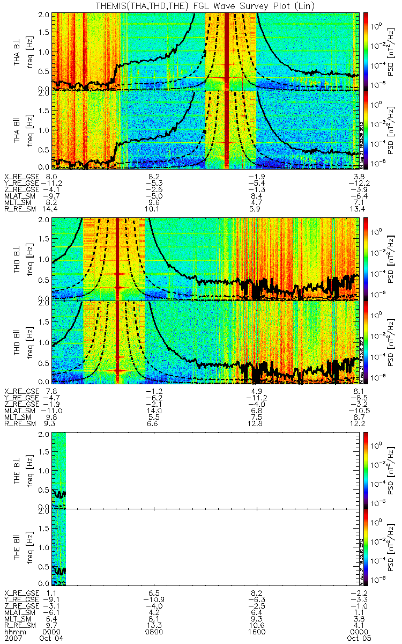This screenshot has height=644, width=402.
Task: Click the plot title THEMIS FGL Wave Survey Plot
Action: pos(201,5)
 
